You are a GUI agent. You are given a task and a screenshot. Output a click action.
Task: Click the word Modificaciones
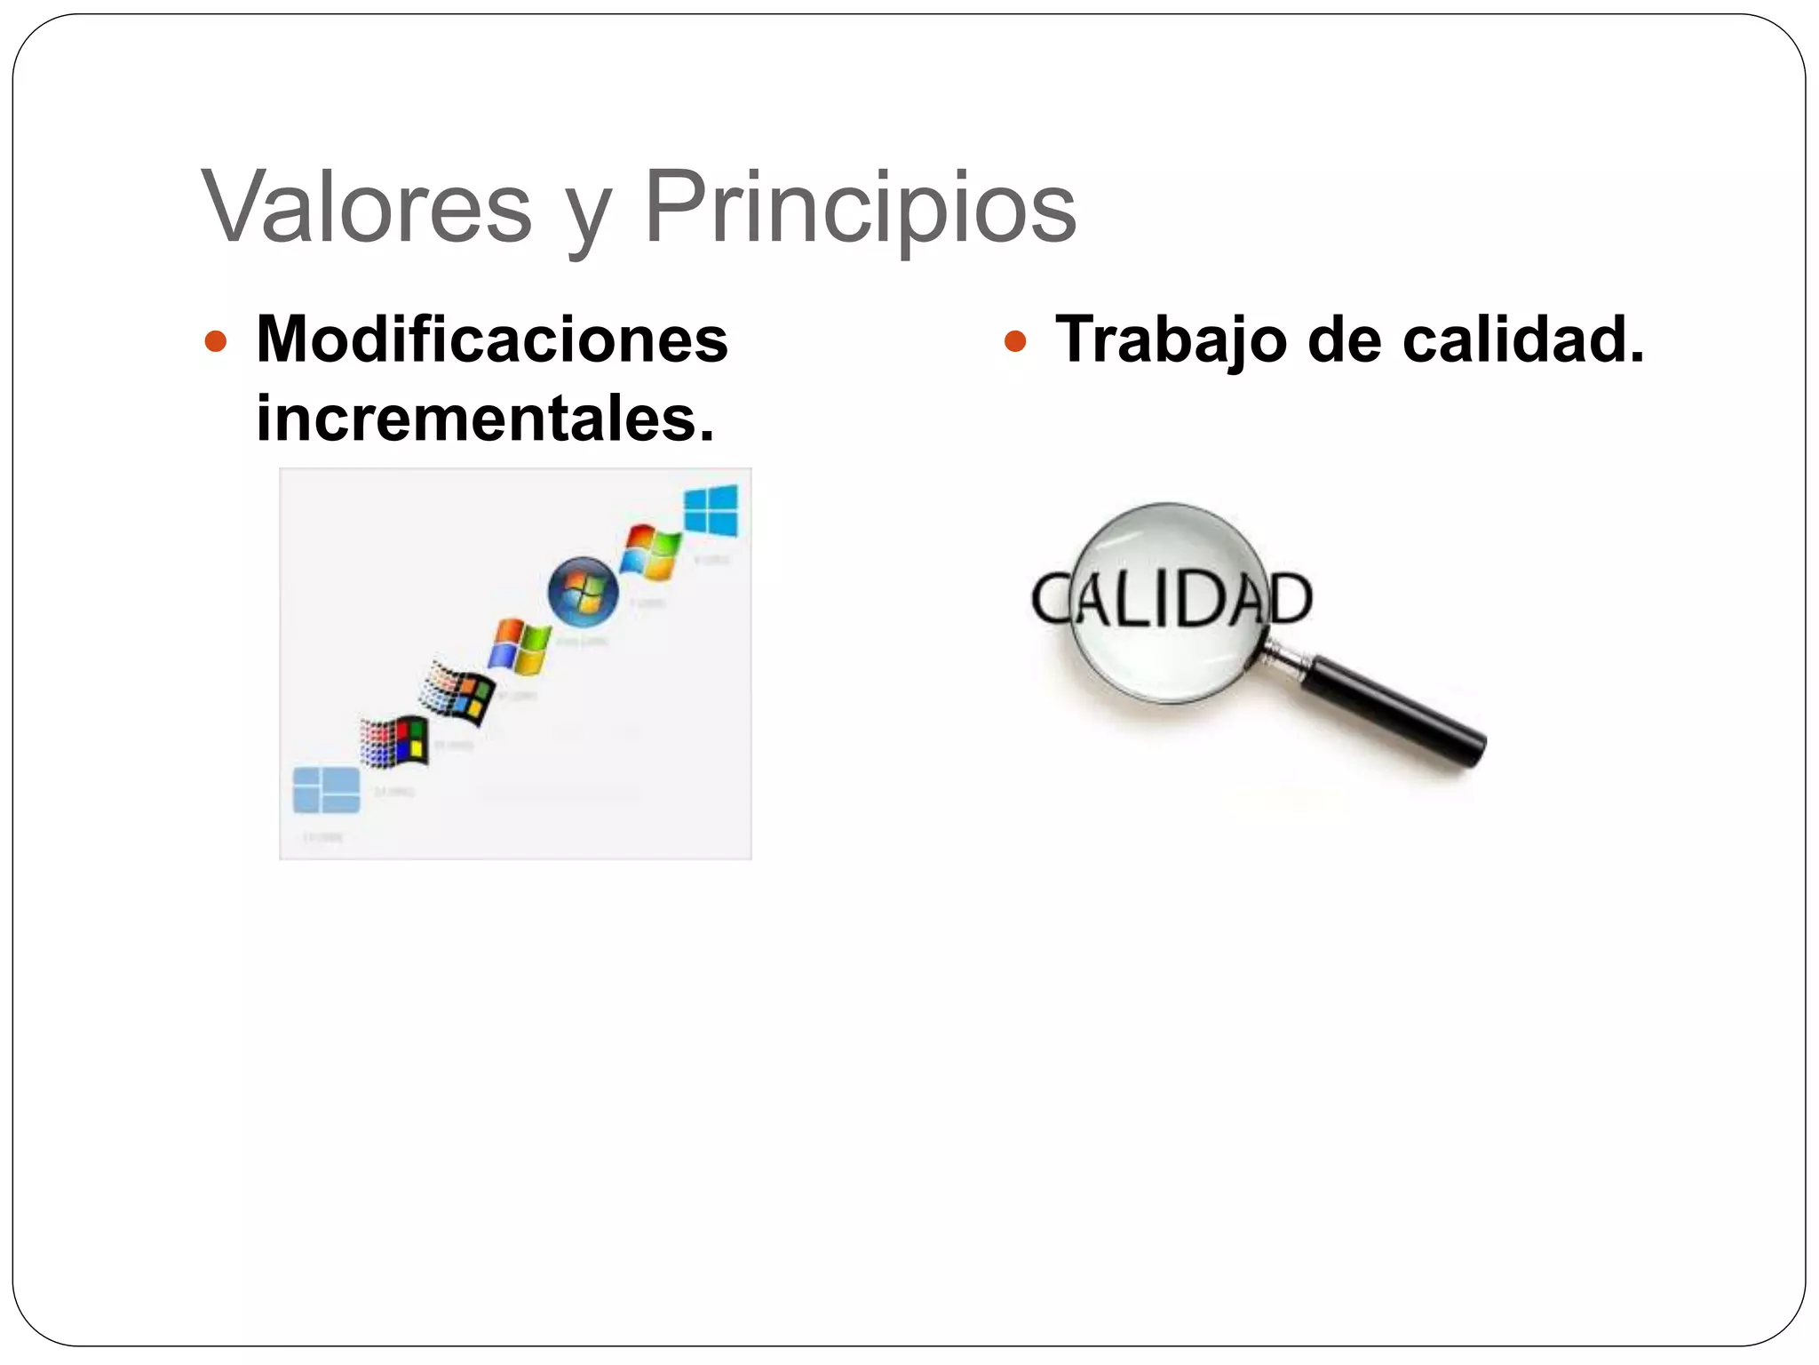click(x=492, y=339)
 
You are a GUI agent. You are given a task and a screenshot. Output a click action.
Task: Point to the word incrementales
click(x=485, y=418)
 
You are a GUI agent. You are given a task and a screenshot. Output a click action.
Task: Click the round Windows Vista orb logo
click(x=583, y=591)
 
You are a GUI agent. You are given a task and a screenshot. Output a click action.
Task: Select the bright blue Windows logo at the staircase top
click(x=711, y=511)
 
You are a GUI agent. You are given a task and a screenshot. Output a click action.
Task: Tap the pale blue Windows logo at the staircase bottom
click(x=326, y=790)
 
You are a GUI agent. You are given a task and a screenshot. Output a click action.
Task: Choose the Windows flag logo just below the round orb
click(x=520, y=645)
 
